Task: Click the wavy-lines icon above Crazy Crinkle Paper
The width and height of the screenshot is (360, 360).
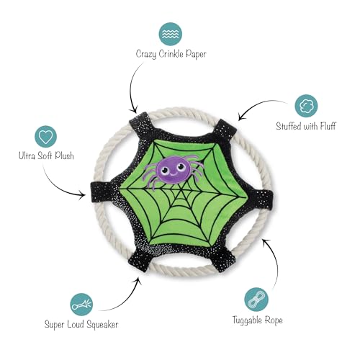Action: [x=170, y=34]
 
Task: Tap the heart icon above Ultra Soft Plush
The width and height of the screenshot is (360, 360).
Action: [x=45, y=137]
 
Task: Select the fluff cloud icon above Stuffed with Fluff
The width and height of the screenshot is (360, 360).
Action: [x=306, y=106]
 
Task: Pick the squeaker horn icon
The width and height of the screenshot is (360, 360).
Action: [x=81, y=305]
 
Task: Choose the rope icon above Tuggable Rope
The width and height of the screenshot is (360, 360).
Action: [x=256, y=300]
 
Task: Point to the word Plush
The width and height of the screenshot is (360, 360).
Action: [x=64, y=156]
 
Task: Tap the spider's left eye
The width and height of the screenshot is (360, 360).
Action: [x=164, y=171]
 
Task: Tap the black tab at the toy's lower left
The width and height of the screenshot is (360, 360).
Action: [x=140, y=261]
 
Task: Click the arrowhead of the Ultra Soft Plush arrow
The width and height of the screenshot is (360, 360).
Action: [x=83, y=195]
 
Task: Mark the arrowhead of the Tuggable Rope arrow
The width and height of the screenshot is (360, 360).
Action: [x=264, y=242]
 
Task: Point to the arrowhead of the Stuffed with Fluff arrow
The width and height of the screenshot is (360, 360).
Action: [x=240, y=117]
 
